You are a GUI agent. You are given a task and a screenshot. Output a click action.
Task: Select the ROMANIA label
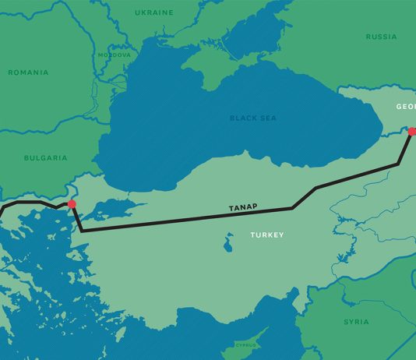coord(28,72)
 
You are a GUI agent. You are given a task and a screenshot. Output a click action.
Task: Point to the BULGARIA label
coord(46,157)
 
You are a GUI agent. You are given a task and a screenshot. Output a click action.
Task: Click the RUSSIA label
coord(381,37)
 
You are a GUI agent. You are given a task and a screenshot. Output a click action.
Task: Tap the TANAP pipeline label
coord(243,208)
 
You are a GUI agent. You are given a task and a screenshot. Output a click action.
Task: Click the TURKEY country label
coord(267,235)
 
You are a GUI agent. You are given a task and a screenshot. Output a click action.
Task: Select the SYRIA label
coord(356,321)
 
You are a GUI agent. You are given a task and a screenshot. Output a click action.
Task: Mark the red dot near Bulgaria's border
coord(72,204)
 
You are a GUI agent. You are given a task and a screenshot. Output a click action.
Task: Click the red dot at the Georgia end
coord(412,132)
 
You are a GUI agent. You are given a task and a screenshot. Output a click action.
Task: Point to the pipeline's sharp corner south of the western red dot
coord(82,231)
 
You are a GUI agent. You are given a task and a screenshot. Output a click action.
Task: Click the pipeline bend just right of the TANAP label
coord(291,208)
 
